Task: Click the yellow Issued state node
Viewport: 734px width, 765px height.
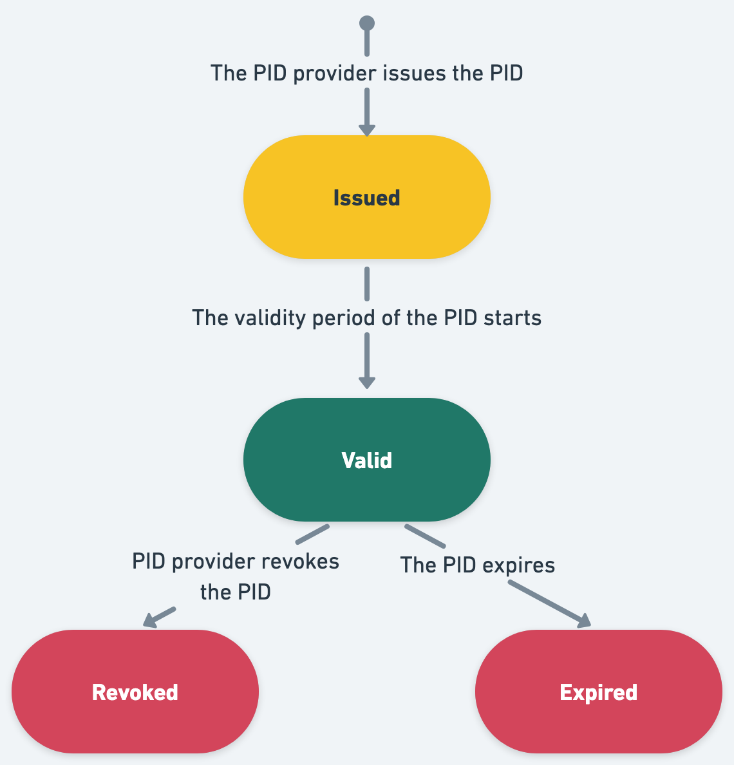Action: pyautogui.click(x=366, y=197)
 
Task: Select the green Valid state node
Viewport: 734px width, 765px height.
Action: pyautogui.click(x=366, y=460)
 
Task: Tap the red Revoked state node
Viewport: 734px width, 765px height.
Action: pyautogui.click(x=135, y=692)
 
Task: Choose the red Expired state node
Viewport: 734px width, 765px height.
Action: pyautogui.click(x=598, y=692)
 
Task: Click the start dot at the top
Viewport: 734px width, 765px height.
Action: pyautogui.click(x=366, y=24)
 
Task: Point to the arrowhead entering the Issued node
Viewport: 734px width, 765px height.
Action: pyautogui.click(x=366, y=129)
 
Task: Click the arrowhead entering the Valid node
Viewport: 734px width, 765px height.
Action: pyautogui.click(x=366, y=382)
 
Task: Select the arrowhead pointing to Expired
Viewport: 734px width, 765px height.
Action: pyautogui.click(x=583, y=621)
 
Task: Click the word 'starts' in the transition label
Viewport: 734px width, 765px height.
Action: pyautogui.click(x=513, y=318)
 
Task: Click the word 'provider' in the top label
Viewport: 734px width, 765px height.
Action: pyautogui.click(x=334, y=73)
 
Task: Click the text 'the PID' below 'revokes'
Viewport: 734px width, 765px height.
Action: pyautogui.click(x=235, y=591)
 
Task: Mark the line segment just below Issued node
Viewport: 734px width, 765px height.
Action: pyautogui.click(x=366, y=283)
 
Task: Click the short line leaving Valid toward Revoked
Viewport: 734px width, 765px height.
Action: pyautogui.click(x=312, y=534)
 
